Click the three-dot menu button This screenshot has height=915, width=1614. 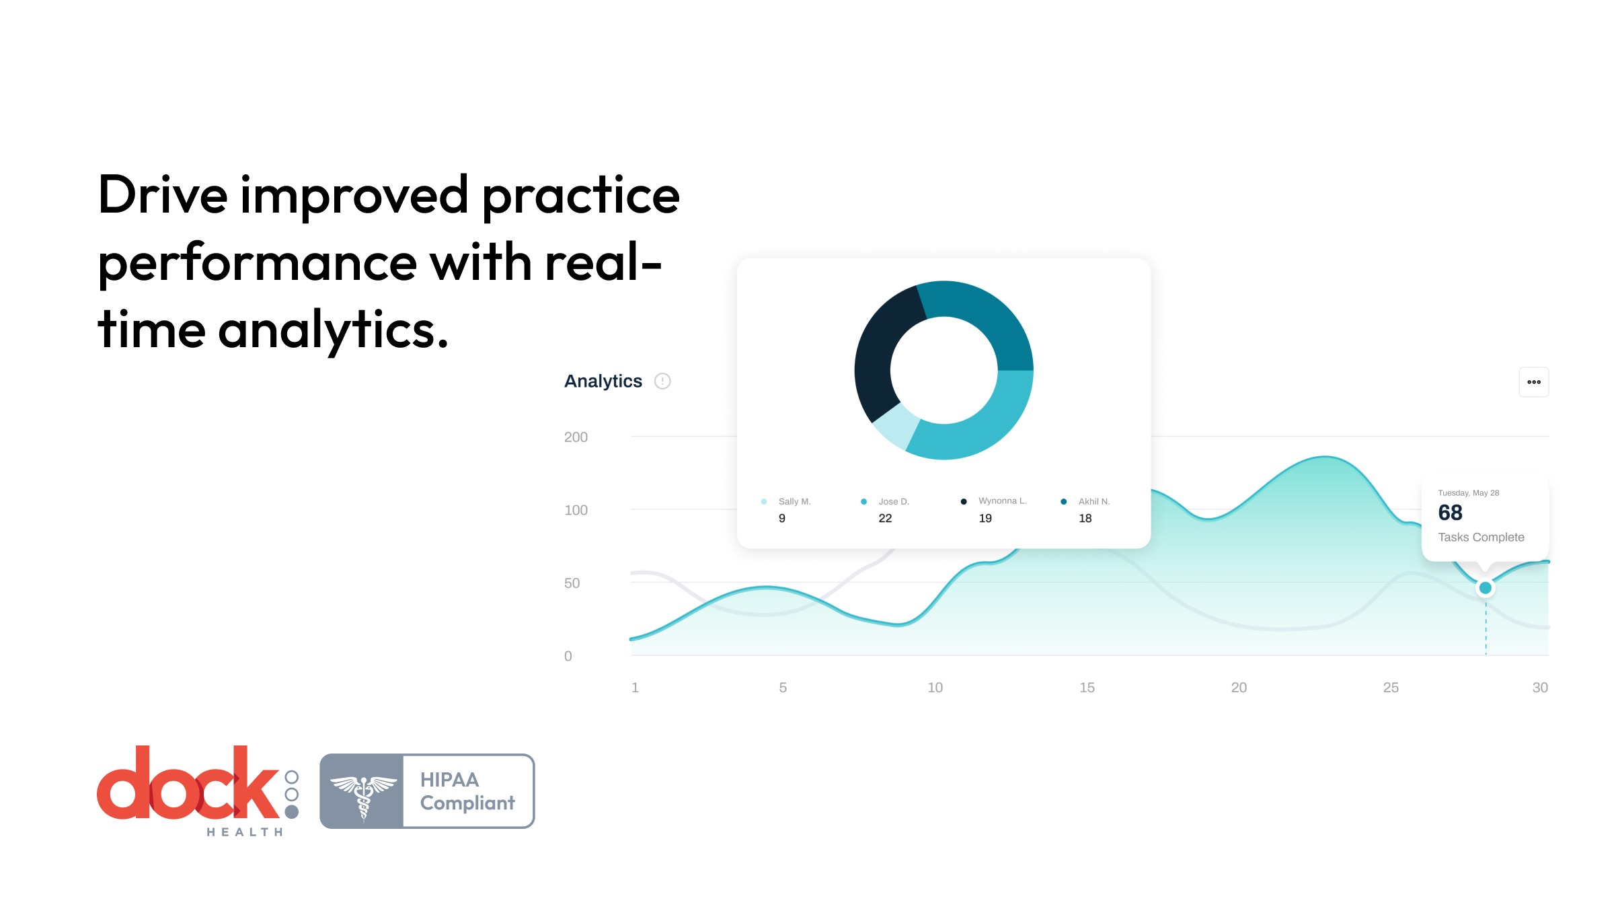[1533, 382]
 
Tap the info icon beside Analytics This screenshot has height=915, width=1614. [662, 381]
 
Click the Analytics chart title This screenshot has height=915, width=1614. [603, 381]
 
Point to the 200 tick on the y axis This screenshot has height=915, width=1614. [576, 437]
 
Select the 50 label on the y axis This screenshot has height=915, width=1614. [572, 583]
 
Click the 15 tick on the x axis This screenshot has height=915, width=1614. [1087, 688]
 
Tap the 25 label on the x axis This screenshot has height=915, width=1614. [1391, 688]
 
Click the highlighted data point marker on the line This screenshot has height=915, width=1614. [1486, 588]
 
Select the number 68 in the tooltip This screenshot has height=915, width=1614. [1450, 513]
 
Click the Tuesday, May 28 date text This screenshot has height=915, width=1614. [1469, 493]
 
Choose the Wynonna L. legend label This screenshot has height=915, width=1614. [1003, 501]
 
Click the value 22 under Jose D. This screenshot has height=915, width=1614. [885, 519]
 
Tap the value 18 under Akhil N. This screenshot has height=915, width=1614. [1085, 519]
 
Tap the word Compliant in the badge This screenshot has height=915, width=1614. [467, 803]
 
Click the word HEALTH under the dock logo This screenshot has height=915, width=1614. [245, 832]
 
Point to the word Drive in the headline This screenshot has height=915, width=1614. [163, 194]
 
